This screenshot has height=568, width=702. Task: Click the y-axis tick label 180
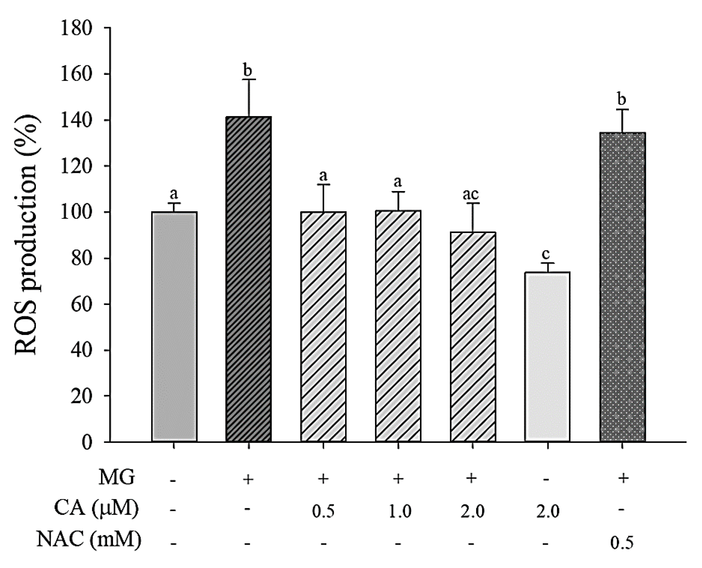tap(75, 28)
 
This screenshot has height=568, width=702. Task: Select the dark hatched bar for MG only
tap(248, 278)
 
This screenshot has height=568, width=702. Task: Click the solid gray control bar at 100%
tap(174, 327)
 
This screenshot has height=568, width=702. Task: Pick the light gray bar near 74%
tap(547, 357)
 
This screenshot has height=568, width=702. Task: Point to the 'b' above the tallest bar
tap(248, 70)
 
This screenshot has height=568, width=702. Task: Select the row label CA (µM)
tap(96, 509)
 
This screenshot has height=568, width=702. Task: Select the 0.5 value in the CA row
tap(323, 511)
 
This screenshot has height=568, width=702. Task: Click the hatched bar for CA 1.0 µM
tap(398, 327)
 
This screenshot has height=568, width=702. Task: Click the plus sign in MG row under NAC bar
tap(623, 478)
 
